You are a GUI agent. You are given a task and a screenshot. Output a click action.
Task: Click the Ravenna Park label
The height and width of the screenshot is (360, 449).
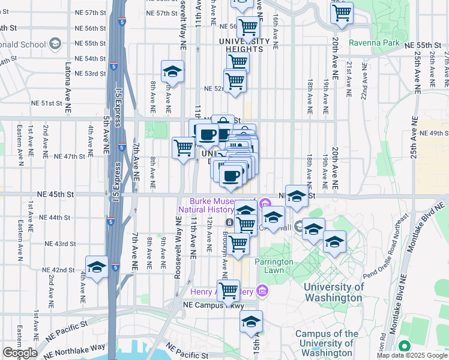tap(377, 43)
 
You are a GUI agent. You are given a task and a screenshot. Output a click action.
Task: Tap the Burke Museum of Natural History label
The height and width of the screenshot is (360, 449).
tap(220, 205)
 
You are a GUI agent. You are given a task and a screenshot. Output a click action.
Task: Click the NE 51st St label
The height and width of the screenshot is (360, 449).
tap(47, 103)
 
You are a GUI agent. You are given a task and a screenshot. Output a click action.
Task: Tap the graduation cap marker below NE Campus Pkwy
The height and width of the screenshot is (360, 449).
tap(252, 322)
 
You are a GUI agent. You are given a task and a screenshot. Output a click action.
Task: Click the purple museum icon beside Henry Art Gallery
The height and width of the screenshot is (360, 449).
tap(261, 291)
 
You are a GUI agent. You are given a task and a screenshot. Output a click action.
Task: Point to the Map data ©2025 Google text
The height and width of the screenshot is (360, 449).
tap(412, 355)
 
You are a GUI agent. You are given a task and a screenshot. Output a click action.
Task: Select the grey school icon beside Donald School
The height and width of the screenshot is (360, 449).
tap(55, 43)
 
